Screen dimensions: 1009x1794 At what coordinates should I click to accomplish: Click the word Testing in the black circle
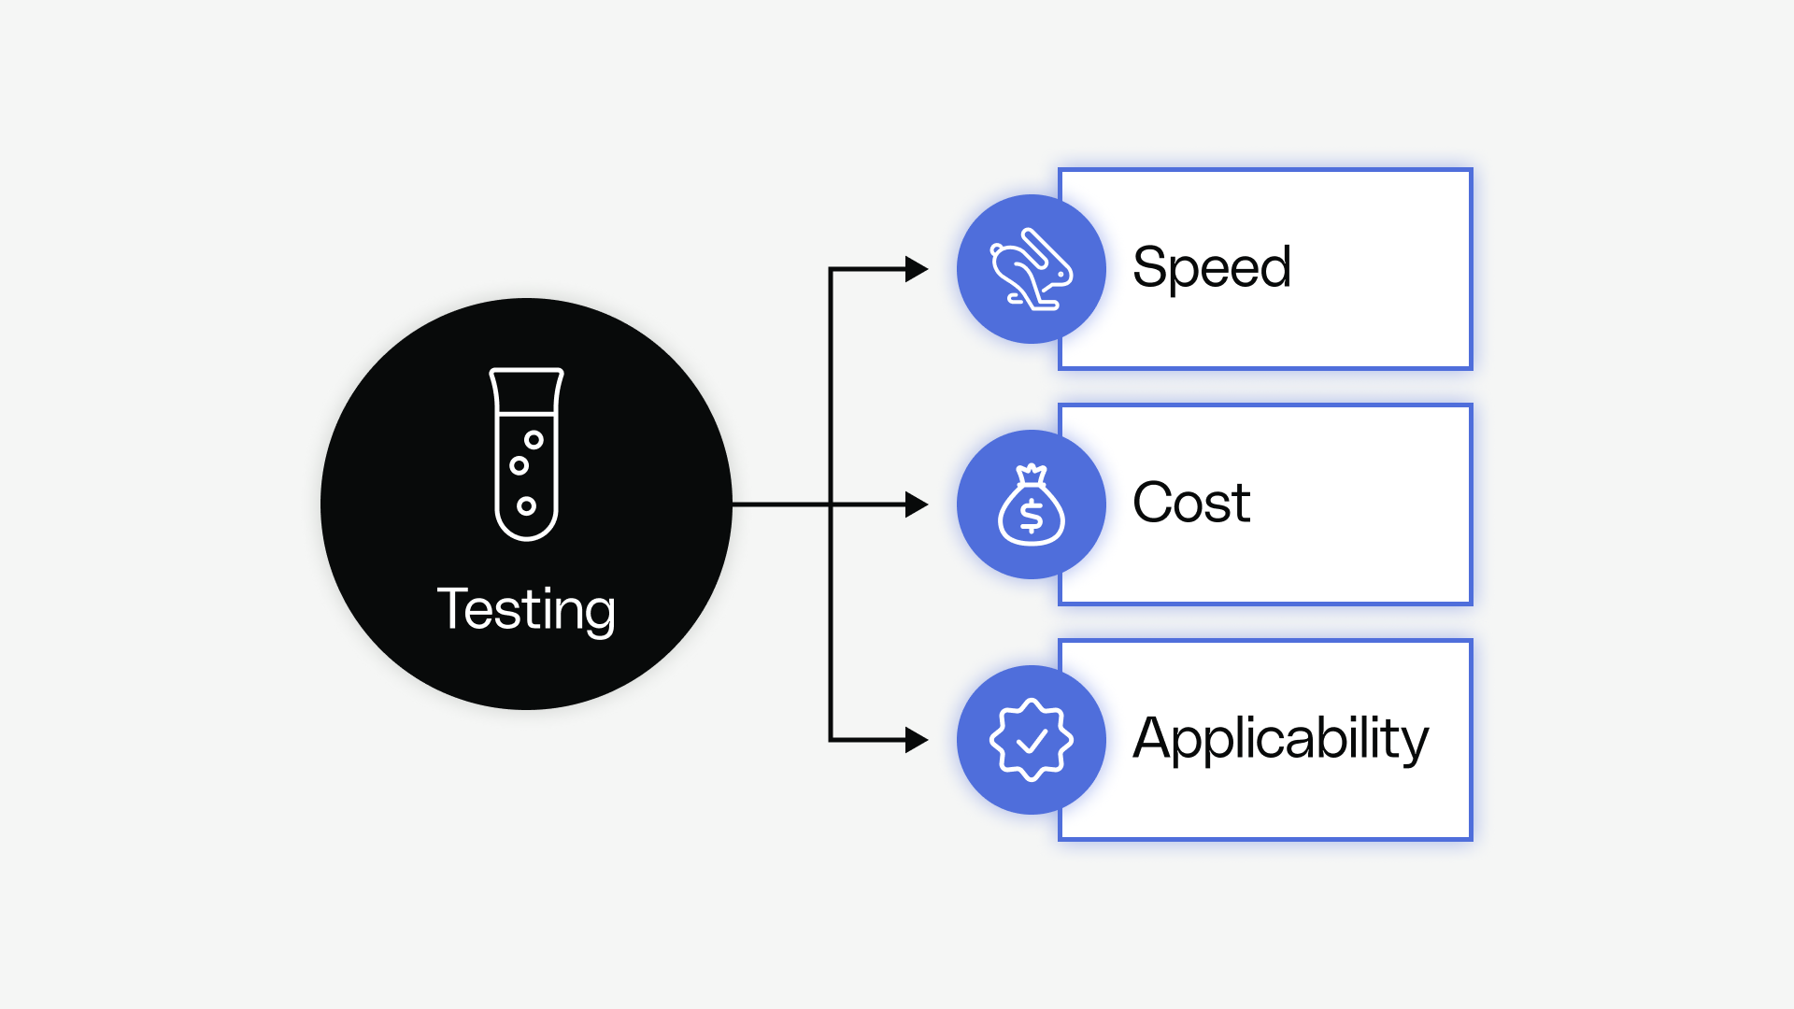click(x=526, y=609)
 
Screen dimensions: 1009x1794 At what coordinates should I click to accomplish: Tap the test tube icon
click(x=526, y=454)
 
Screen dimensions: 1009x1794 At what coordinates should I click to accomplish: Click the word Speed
click(x=1211, y=268)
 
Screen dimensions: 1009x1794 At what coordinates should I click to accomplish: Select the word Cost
click(x=1190, y=503)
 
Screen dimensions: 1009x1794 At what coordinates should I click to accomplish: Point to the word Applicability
click(x=1280, y=739)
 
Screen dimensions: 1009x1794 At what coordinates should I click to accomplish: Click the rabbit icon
click(x=1031, y=269)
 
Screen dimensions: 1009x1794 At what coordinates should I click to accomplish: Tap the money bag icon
click(x=1031, y=505)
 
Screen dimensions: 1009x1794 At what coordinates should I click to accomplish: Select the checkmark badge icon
click(x=1031, y=740)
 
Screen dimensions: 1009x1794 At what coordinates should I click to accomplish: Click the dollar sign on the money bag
click(x=1031, y=516)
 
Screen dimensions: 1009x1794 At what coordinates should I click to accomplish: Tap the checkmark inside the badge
click(x=1032, y=742)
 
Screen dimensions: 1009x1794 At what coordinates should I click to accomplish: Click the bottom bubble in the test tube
click(x=526, y=505)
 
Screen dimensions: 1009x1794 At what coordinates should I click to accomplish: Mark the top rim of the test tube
click(x=526, y=372)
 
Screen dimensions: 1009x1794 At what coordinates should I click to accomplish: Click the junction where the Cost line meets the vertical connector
click(x=831, y=504)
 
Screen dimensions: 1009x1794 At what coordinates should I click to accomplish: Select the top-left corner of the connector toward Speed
click(x=831, y=269)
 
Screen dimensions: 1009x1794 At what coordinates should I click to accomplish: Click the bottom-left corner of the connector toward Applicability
click(x=831, y=740)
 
